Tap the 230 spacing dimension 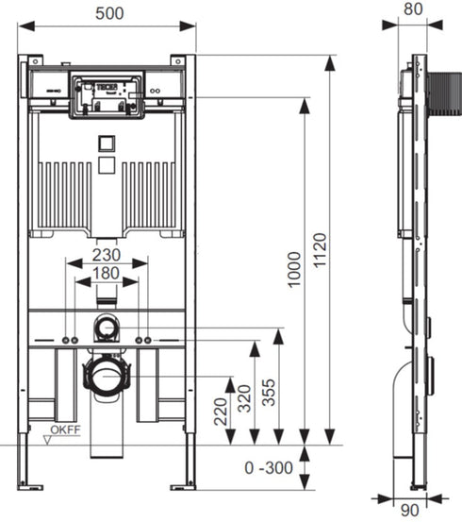(107, 255)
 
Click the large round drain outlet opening (106, 376)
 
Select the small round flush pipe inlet (106, 328)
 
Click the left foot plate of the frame (31, 485)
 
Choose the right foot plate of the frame (183, 485)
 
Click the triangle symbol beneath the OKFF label (51, 441)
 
